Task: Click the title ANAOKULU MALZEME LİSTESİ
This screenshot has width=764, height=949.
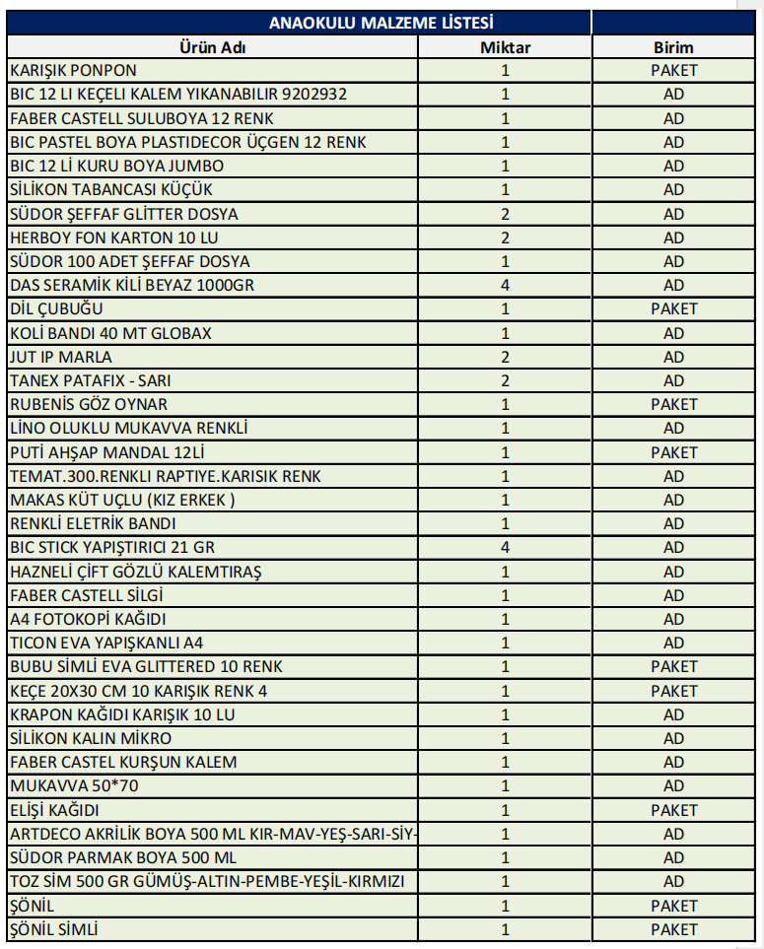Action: click(x=381, y=23)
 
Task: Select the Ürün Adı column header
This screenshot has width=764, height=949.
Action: click(x=212, y=47)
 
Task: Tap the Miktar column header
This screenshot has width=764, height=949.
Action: click(x=506, y=47)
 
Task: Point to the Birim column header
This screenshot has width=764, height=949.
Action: click(x=673, y=47)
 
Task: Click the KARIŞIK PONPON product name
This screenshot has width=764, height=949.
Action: click(x=74, y=71)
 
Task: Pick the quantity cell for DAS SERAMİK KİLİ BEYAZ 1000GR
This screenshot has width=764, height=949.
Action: click(x=506, y=286)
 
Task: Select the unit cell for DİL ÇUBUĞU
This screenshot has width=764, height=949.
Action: click(x=673, y=309)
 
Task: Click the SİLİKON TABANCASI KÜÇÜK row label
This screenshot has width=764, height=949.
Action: click(x=110, y=190)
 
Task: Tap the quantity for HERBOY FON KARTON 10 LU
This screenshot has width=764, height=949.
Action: click(x=506, y=237)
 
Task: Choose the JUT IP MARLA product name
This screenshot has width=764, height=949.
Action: click(x=61, y=357)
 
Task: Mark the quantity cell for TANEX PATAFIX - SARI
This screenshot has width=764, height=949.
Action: click(x=506, y=380)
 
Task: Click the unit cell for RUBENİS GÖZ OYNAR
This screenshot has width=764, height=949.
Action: click(x=673, y=404)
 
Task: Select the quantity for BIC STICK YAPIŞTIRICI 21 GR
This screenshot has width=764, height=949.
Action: click(x=506, y=548)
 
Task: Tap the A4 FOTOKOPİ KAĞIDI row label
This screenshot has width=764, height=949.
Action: click(x=88, y=619)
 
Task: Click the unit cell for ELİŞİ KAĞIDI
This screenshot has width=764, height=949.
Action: click(x=673, y=810)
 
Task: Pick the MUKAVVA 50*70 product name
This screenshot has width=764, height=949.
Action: click(x=74, y=786)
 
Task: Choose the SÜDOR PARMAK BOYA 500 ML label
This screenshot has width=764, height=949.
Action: click(x=123, y=858)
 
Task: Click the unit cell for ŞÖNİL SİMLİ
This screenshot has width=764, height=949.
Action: click(x=673, y=929)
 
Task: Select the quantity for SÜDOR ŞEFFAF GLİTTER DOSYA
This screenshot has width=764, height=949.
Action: click(x=506, y=214)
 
